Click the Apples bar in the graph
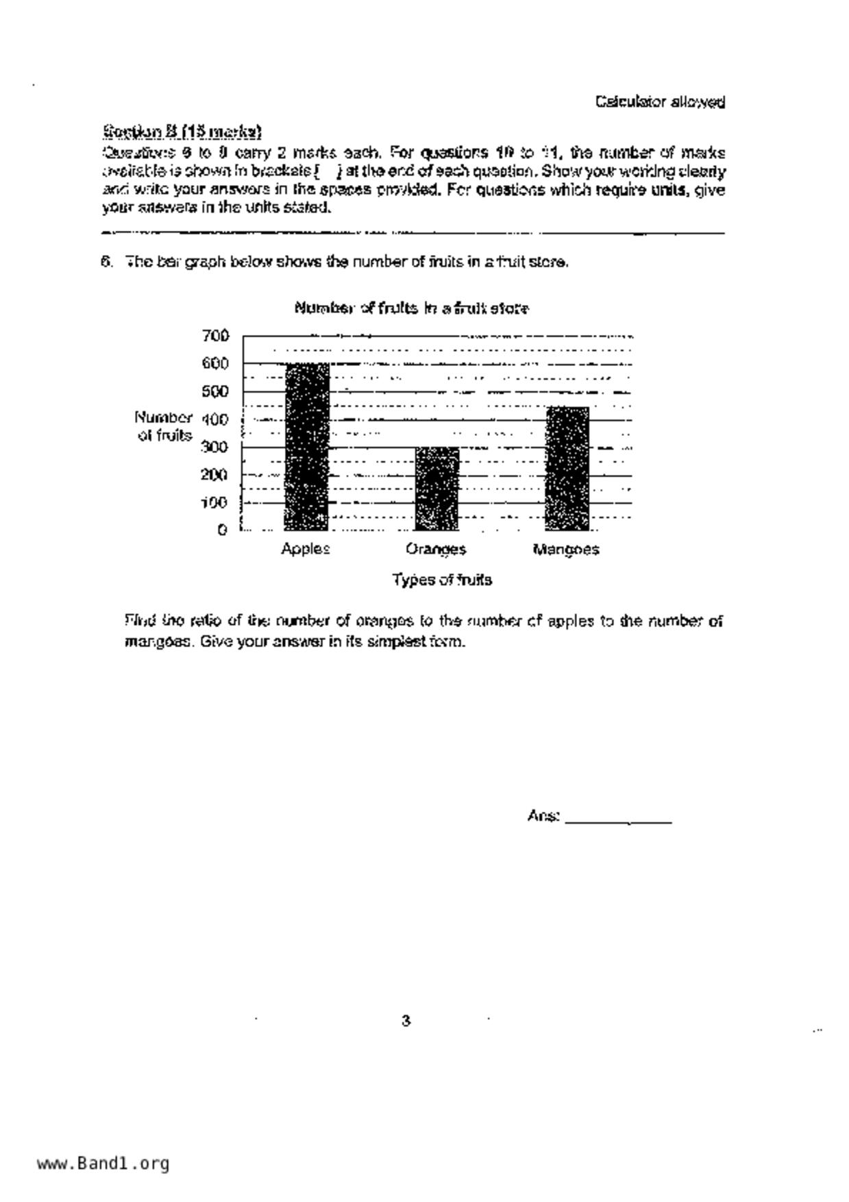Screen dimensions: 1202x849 [x=306, y=446]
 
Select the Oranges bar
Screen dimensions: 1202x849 [x=436, y=488]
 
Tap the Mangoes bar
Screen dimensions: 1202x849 [x=567, y=468]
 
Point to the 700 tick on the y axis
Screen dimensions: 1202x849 [x=215, y=336]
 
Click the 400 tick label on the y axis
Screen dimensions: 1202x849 [x=215, y=419]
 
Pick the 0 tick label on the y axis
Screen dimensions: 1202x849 [x=222, y=530]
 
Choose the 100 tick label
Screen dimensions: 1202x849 [x=215, y=502]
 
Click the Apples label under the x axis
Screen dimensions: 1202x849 [x=306, y=549]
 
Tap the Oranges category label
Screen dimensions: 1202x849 [x=436, y=549]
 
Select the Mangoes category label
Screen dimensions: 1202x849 [x=566, y=549]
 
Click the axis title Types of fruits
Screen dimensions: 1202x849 [x=442, y=580]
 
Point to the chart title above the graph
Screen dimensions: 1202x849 [x=411, y=308]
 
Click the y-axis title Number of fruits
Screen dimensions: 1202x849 [x=164, y=426]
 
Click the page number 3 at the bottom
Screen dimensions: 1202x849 [x=406, y=1021]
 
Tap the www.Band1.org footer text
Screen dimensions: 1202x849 [x=103, y=1163]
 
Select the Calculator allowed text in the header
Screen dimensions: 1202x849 [x=660, y=102]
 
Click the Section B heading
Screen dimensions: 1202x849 [x=182, y=131]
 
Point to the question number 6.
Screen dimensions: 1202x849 [x=106, y=262]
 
